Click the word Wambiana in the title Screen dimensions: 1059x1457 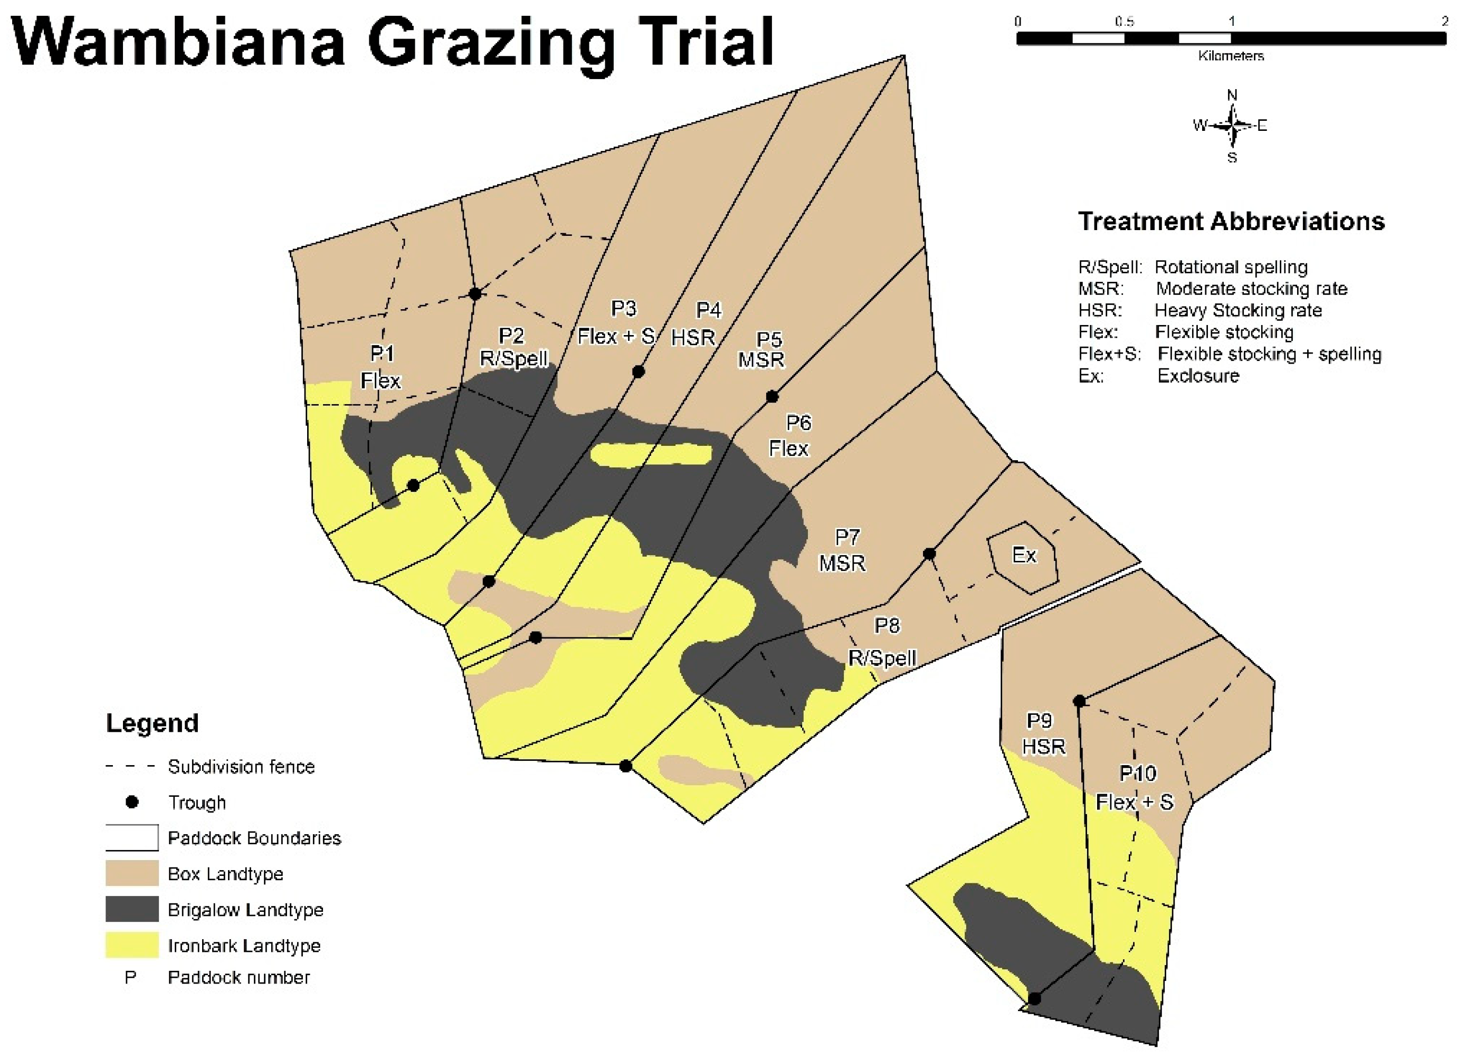[180, 44]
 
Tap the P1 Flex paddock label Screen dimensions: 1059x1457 [381, 367]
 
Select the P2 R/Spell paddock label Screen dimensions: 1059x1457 [513, 347]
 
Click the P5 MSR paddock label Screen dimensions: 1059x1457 [762, 350]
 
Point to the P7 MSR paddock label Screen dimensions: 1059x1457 [843, 550]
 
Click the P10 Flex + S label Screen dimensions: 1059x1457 [1136, 788]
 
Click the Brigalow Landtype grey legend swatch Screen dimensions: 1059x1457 [132, 909]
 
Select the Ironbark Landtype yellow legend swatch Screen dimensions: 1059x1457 [132, 946]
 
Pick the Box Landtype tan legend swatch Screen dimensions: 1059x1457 [132, 873]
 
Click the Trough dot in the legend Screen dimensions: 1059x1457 [132, 802]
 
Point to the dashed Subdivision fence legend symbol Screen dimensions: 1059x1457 [130, 766]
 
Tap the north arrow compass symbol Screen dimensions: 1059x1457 [1232, 125]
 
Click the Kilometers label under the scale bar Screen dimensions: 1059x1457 [1230, 56]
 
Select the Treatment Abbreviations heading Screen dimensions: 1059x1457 [1231, 221]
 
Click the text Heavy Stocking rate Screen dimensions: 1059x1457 [1238, 311]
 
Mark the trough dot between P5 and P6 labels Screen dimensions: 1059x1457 [772, 397]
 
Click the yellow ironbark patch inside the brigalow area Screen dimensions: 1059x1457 [651, 454]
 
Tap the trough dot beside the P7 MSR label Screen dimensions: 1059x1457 [929, 554]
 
